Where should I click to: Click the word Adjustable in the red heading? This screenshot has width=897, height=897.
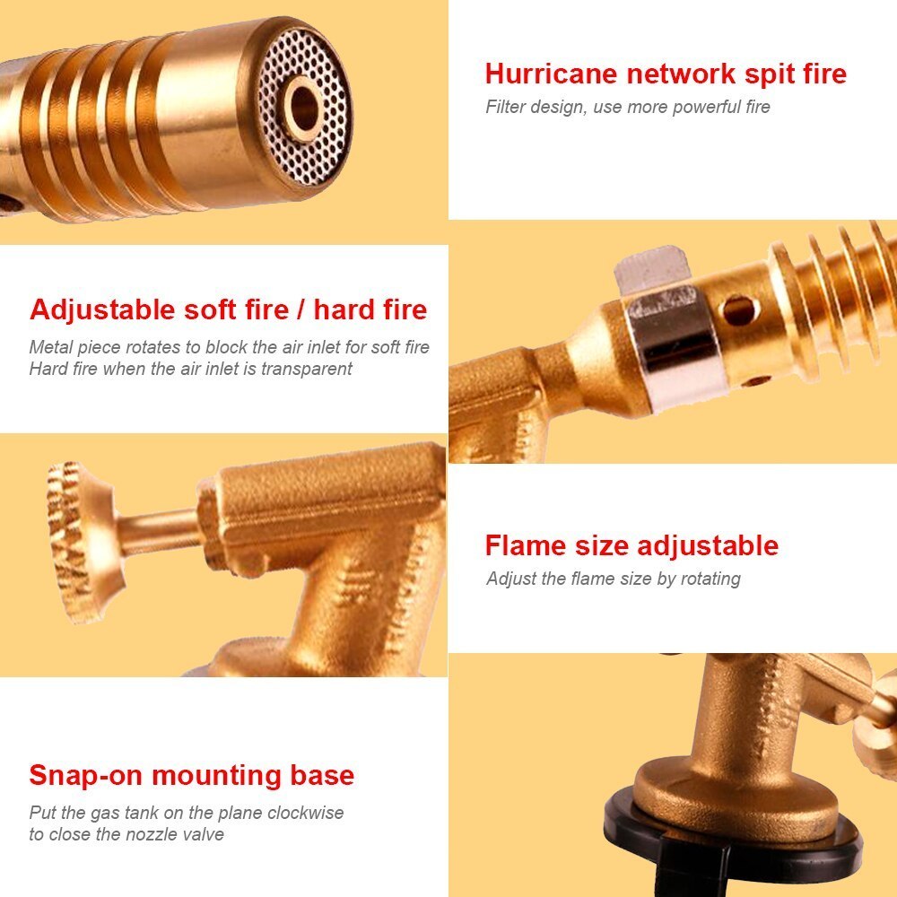102,311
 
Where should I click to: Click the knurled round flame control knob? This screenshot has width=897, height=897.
80,543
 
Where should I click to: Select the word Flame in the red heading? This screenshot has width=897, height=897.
526,545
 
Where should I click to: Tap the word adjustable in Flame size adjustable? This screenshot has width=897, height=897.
707,547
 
